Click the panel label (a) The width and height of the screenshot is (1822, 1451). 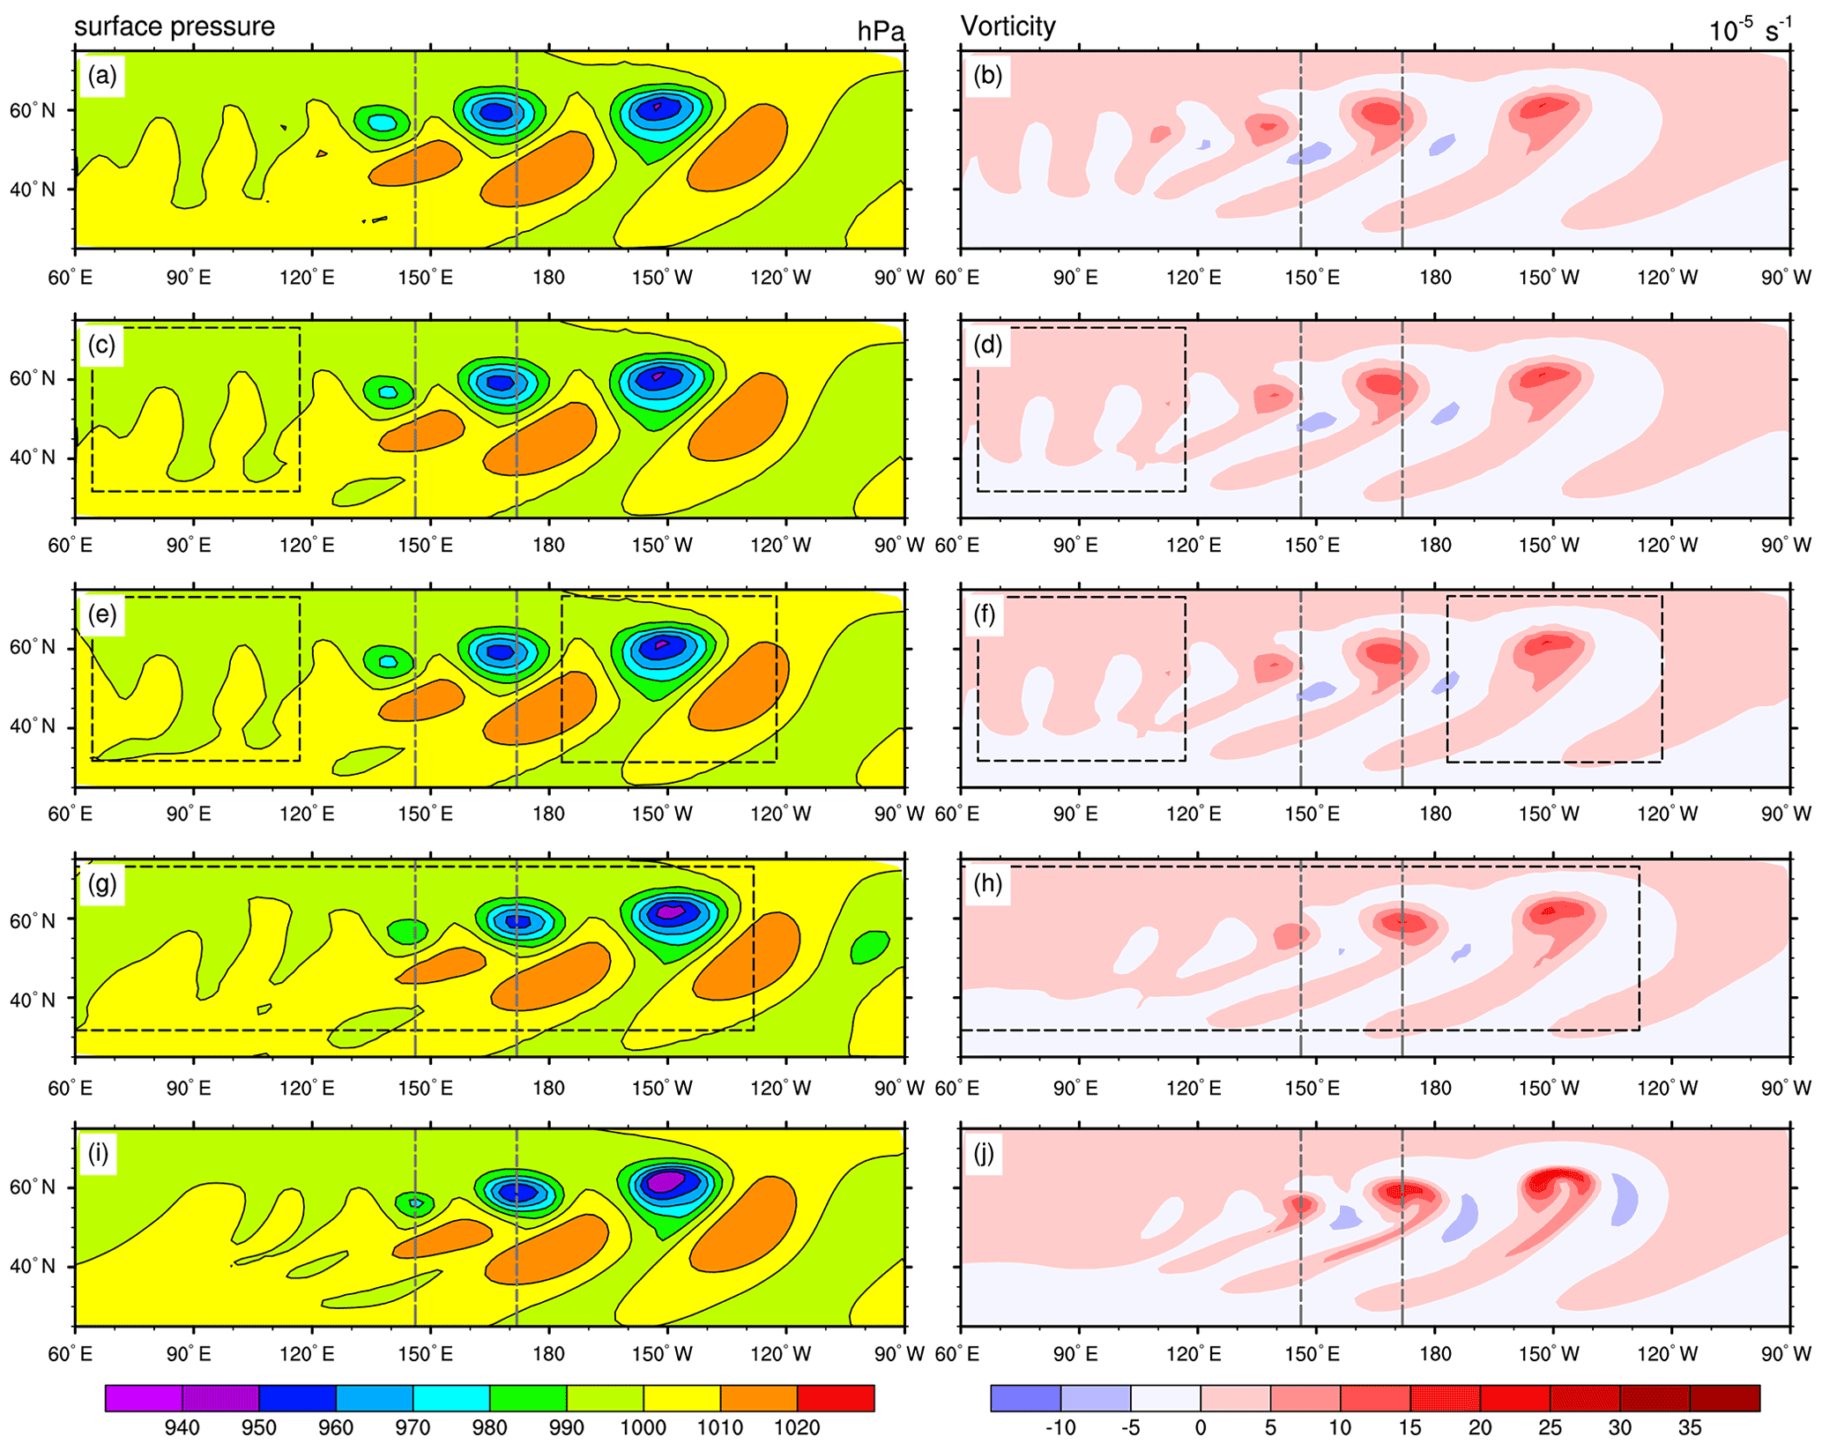click(102, 76)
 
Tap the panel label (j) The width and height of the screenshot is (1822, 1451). click(986, 1153)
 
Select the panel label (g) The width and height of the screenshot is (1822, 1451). click(102, 883)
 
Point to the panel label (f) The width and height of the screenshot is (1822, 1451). click(985, 614)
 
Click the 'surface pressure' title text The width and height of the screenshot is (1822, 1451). click(175, 26)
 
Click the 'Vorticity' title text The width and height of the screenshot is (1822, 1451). click(1008, 26)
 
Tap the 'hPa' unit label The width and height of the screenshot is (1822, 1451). click(881, 32)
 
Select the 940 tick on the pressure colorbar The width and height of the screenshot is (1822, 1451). click(182, 1427)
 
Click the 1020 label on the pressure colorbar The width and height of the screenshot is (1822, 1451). click(797, 1427)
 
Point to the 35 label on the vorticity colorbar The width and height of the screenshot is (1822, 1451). click(1690, 1427)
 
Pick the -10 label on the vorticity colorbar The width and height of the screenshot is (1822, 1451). click(1060, 1427)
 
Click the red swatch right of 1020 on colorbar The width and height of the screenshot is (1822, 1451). click(836, 1398)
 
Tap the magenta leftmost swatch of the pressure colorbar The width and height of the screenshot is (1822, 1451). click(144, 1398)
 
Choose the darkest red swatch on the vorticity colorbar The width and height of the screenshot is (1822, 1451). click(1725, 1398)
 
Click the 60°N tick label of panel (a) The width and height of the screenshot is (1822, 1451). click(33, 110)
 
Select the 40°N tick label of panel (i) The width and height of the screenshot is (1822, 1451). click(33, 1266)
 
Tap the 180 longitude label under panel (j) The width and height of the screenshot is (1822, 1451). click(1434, 1353)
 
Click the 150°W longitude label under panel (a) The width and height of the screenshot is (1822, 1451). click(662, 277)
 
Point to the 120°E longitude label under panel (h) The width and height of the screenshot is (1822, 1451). click(1194, 1087)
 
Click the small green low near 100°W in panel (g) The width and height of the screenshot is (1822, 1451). click(870, 948)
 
